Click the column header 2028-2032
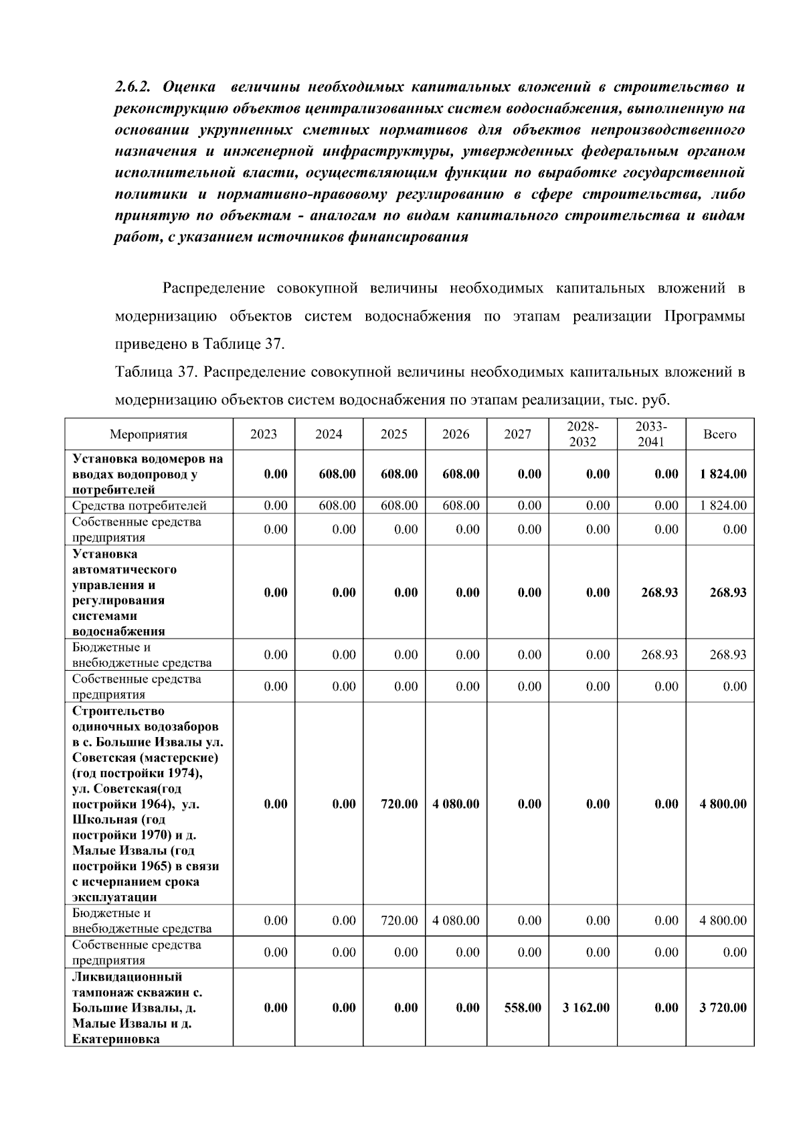pyautogui.click(x=582, y=434)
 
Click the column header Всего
pyautogui.click(x=719, y=434)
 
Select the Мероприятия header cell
pyautogui.click(x=149, y=434)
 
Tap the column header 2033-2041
pyautogui.click(x=651, y=434)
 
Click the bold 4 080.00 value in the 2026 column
pyautogui.click(x=456, y=804)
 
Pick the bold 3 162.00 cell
pyautogui.click(x=586, y=1007)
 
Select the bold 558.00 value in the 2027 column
pyautogui.click(x=523, y=1007)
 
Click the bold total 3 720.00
pyautogui.click(x=723, y=1007)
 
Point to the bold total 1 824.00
pyautogui.click(x=723, y=474)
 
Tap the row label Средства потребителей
pyautogui.click(x=139, y=505)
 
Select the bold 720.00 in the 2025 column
pyautogui.click(x=399, y=804)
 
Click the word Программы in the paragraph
pyautogui.click(x=704, y=316)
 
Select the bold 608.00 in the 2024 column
pyautogui.click(x=337, y=474)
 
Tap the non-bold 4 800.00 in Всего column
pyautogui.click(x=723, y=920)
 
